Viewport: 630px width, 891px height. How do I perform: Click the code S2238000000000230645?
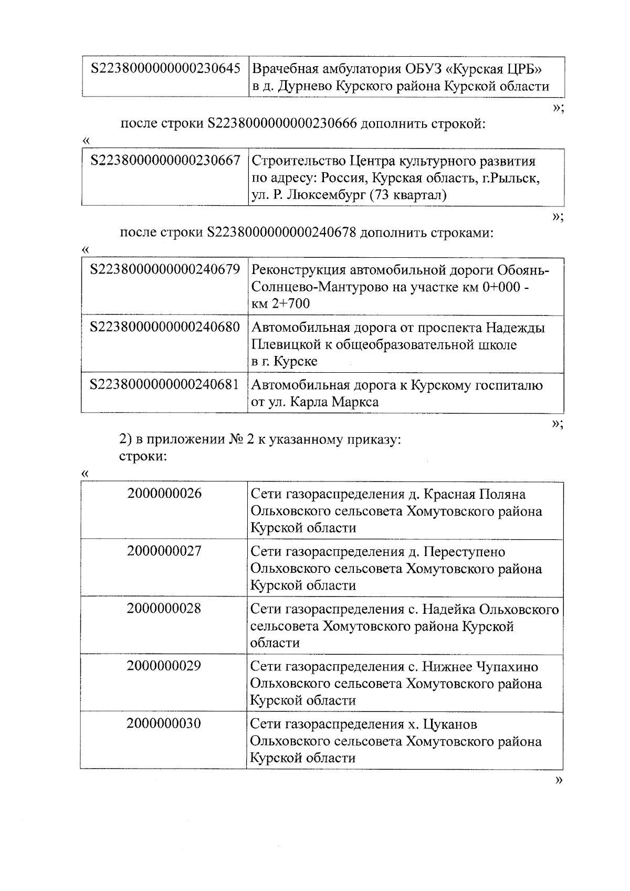pyautogui.click(x=165, y=69)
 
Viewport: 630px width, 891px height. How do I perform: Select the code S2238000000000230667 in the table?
pyautogui.click(x=165, y=160)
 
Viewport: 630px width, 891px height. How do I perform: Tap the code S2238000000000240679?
pyautogui.click(x=165, y=270)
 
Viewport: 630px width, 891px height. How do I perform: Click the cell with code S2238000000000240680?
pyautogui.click(x=165, y=328)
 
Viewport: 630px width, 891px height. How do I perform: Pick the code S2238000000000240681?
pyautogui.click(x=165, y=385)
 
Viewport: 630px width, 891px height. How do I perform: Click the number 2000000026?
pyautogui.click(x=164, y=494)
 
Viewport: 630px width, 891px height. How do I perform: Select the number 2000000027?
pyautogui.click(x=164, y=551)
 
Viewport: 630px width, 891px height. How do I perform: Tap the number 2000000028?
pyautogui.click(x=164, y=609)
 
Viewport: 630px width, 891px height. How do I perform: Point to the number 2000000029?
pyautogui.click(x=164, y=666)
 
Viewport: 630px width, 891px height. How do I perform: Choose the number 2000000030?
pyautogui.click(x=164, y=724)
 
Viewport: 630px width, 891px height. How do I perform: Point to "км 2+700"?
pyautogui.click(x=281, y=303)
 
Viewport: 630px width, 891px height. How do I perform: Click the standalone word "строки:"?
pyautogui.click(x=143, y=456)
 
